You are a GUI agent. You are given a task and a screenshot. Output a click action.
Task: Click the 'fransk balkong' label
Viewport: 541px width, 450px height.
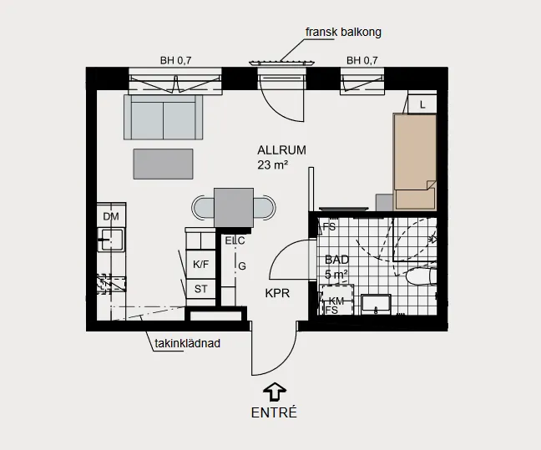coord(343,33)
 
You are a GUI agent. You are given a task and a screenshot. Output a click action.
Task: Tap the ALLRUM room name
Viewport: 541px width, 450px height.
coord(281,150)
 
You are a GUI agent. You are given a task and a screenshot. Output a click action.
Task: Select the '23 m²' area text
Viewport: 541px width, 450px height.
coord(273,165)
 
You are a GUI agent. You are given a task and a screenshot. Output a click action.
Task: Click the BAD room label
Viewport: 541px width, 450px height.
coord(336,260)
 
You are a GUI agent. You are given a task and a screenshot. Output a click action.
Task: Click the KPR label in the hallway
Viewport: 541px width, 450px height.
coord(277,294)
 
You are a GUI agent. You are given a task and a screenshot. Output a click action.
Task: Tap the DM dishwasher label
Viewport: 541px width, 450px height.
coord(111,217)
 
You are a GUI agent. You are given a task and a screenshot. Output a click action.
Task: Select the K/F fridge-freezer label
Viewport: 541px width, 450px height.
coord(201,265)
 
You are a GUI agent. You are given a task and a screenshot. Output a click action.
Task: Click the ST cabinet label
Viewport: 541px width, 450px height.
coord(200,289)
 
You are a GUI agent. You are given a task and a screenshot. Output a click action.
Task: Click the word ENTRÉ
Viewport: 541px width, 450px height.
coord(274,412)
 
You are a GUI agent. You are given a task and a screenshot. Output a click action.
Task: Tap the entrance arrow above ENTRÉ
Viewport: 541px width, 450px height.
coord(274,391)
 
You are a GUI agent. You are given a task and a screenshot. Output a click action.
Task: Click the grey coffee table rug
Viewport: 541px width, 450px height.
coord(163,162)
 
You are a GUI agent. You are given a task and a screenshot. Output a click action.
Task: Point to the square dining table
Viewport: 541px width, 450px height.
coord(233,206)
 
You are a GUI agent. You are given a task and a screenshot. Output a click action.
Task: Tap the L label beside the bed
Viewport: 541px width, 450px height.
coord(423,104)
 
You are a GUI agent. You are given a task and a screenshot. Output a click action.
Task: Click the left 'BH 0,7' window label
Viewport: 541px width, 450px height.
coord(175,60)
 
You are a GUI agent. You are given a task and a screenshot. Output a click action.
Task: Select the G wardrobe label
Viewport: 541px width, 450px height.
coord(241,266)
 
